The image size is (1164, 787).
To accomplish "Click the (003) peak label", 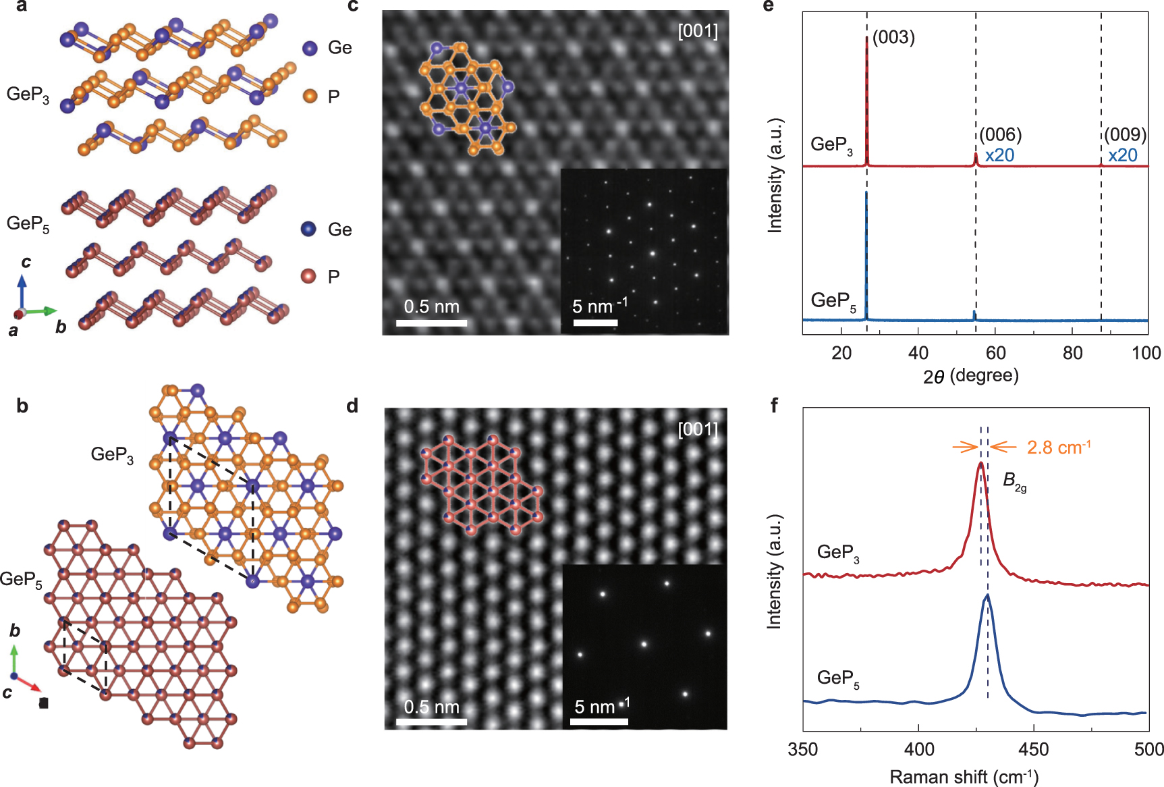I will point(893,37).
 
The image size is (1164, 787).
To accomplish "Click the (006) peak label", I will point(1001,135).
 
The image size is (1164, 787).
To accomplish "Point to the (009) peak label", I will point(1126,135).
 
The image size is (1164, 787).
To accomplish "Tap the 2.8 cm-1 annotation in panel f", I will point(1058,447).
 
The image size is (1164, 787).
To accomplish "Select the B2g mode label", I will point(1014,481).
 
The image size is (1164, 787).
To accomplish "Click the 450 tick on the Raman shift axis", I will point(1033,749).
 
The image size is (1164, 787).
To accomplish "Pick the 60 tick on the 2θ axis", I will point(995,353).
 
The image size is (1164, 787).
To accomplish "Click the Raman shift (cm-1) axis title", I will point(964,777).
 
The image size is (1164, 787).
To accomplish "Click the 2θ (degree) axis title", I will point(970,376).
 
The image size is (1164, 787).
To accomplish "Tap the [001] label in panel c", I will point(698,31).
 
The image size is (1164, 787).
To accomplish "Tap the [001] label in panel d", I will point(698,429).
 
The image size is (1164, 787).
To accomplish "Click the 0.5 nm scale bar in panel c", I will point(431,323).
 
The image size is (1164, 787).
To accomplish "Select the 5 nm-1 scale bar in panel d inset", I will point(599,722).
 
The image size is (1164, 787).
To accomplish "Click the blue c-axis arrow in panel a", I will point(22,289).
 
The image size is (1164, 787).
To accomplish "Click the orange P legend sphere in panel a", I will point(310,96).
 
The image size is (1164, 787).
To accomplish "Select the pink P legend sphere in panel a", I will point(308,275).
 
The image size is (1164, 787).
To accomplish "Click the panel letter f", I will point(774,405).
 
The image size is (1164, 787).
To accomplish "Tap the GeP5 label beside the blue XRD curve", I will point(833,301).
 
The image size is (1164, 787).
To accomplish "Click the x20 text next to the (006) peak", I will point(999,155).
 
